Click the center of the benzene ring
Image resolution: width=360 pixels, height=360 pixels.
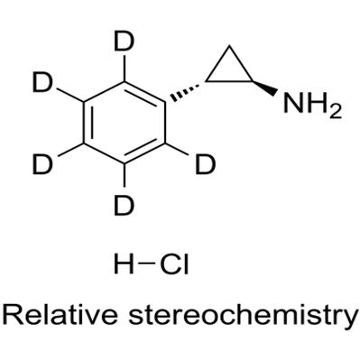coord(125,124)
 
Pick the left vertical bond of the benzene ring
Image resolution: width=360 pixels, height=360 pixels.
coord(84,124)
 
